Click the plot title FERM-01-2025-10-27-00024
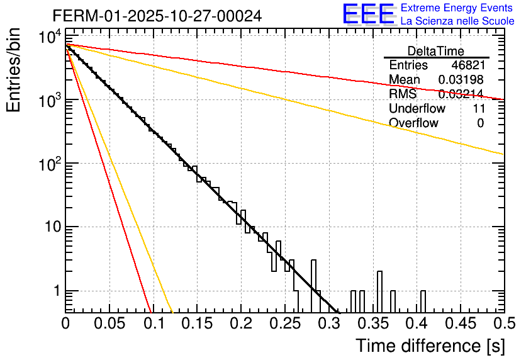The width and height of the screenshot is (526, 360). point(157,14)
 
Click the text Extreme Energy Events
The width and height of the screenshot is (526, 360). point(457,8)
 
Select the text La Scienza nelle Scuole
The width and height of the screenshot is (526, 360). point(457,21)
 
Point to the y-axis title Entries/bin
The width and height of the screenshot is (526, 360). point(14,71)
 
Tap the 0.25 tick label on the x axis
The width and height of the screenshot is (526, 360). point(284,323)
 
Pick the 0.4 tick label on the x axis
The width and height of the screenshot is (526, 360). point(416,323)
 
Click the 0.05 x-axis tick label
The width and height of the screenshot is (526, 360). point(109,323)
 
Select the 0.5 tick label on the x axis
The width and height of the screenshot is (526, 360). point(503,323)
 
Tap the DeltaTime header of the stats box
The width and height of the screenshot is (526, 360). point(436,51)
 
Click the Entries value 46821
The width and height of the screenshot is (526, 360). point(467,65)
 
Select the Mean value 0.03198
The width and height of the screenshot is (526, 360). point(461,80)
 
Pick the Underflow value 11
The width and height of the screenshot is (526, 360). point(478,109)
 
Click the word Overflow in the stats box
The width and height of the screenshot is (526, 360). point(413,123)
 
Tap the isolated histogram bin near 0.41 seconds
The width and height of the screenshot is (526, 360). point(423,301)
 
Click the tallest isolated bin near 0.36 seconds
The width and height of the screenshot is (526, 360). point(380,291)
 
